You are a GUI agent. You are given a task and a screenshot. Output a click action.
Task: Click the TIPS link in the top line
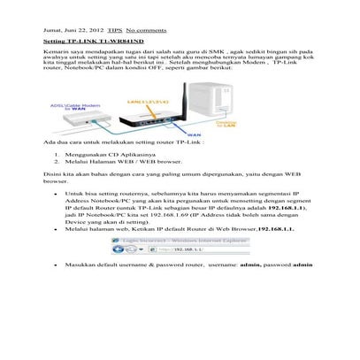click(x=115, y=30)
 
